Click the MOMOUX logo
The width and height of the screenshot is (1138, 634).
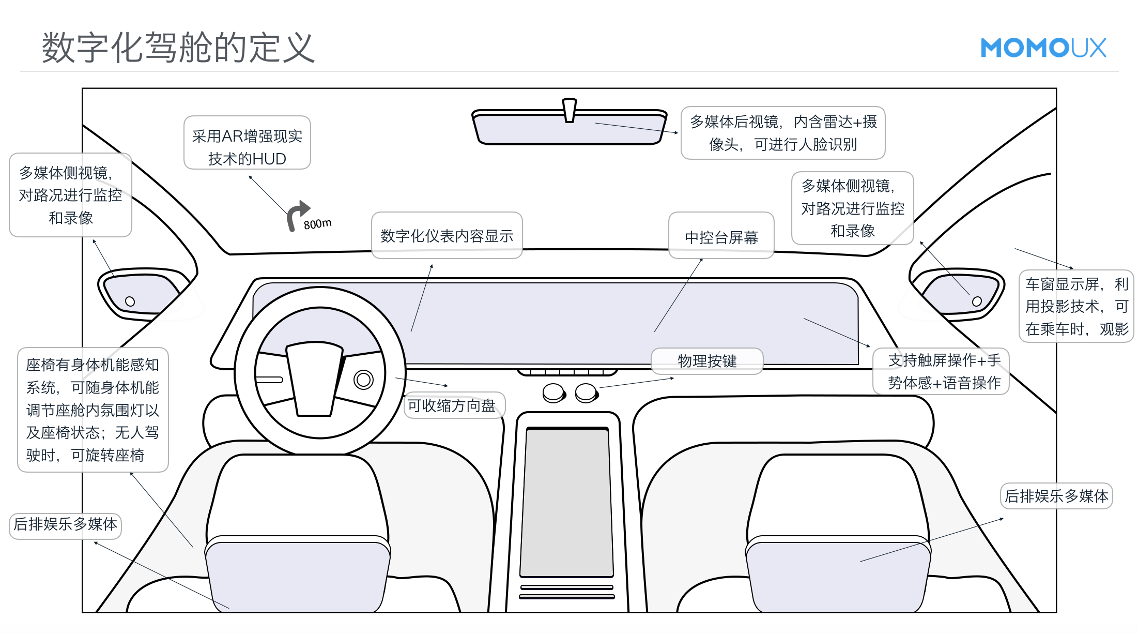(1043, 48)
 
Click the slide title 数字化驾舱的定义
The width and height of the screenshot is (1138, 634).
(178, 48)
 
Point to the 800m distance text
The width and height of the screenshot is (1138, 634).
(317, 224)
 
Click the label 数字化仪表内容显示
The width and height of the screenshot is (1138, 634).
(447, 236)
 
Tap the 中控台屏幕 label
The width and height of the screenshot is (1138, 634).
(721, 237)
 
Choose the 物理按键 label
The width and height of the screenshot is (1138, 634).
(706, 361)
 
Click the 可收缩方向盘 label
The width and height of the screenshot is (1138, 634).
(452, 405)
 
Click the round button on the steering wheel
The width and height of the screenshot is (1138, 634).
(363, 380)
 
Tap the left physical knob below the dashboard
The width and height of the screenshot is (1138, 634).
(553, 393)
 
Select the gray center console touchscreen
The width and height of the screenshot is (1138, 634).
(567, 502)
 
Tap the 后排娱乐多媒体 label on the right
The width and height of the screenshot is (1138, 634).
(1056, 496)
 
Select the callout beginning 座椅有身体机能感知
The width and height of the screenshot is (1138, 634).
(93, 410)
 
